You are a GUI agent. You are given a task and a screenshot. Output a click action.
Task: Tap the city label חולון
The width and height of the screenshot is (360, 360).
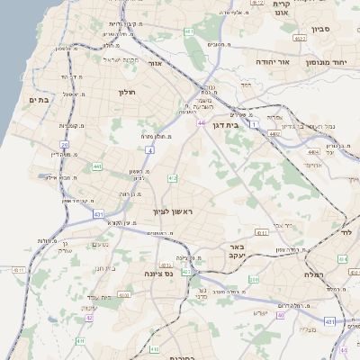click(125, 92)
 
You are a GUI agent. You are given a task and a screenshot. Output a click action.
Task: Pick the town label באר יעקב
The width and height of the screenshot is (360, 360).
click(237, 250)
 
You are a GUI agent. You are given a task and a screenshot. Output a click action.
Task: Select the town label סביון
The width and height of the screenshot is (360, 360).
click(321, 29)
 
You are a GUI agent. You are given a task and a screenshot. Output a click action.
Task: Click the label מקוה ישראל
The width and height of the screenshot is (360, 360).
click(103, 60)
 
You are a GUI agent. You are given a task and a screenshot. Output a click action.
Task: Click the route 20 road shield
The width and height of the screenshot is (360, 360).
click(65, 144)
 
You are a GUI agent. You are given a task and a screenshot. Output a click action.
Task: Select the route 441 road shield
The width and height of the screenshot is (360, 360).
click(96, 166)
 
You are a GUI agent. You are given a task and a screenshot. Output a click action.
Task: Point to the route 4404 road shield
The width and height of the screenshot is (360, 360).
click(312, 153)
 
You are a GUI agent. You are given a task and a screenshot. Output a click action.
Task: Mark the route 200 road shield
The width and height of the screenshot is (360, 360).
click(254, 280)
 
